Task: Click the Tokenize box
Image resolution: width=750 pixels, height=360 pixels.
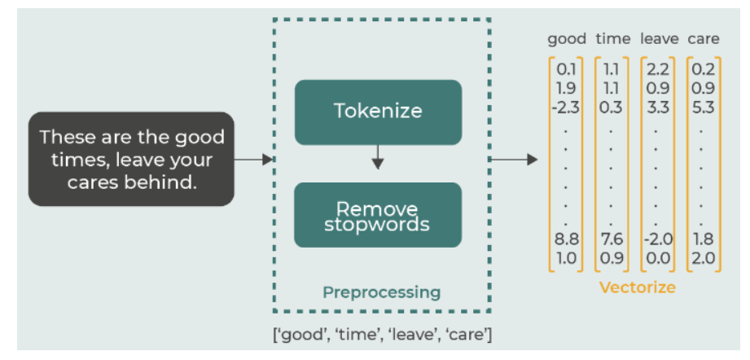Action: click(x=378, y=112)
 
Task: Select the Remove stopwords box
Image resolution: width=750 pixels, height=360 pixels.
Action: click(x=378, y=215)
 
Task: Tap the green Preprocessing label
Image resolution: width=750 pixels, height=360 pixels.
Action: click(x=382, y=292)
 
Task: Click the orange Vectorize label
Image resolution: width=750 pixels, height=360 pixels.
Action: click(x=638, y=288)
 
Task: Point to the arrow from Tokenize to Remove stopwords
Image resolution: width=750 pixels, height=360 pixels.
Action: click(x=378, y=157)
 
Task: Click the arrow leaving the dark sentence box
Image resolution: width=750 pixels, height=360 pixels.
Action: click(x=253, y=160)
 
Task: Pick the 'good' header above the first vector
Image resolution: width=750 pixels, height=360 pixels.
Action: click(x=567, y=39)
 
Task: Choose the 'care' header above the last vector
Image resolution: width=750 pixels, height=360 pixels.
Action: click(x=704, y=39)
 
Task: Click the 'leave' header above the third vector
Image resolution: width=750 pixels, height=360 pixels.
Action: click(x=659, y=39)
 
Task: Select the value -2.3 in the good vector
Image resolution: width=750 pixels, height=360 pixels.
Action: click(x=565, y=108)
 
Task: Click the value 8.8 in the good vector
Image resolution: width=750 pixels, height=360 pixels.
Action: click(x=566, y=239)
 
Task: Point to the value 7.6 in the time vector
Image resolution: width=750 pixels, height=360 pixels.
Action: click(x=612, y=239)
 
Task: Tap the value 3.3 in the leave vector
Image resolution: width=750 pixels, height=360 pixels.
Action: click(x=657, y=108)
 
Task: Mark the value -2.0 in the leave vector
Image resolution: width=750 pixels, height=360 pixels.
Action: click(x=658, y=239)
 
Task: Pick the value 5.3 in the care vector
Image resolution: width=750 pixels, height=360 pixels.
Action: click(x=703, y=108)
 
